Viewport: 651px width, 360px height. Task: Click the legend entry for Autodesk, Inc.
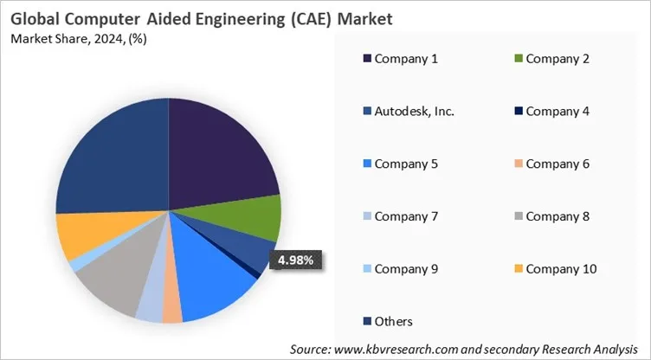coord(402,111)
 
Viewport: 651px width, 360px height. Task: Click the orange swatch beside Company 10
coord(517,269)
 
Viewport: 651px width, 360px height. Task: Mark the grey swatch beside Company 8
coord(517,216)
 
